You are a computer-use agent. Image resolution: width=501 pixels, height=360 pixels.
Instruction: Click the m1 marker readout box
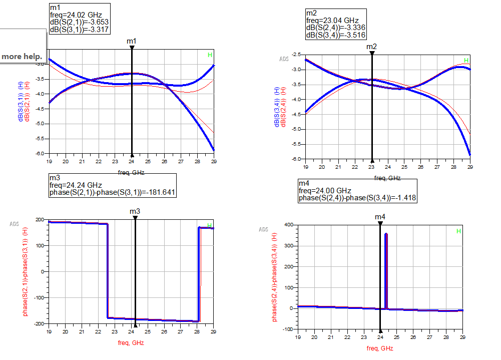pos(79,19)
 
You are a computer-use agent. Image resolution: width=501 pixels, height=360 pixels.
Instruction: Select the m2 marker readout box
pos(335,24)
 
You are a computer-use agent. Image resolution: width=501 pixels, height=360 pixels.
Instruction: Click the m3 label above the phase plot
pos(135,212)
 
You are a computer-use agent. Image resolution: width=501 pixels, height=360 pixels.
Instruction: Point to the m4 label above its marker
pos(380,217)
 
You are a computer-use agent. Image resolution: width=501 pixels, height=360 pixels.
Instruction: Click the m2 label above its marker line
pos(371,47)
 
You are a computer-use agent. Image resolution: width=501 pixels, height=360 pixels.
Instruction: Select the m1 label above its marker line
pos(132,41)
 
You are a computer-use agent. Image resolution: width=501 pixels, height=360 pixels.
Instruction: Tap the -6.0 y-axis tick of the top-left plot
pos(41,153)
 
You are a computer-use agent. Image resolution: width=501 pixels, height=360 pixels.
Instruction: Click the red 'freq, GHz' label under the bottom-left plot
pos(131,343)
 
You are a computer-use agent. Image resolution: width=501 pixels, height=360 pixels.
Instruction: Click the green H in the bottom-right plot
pos(458,231)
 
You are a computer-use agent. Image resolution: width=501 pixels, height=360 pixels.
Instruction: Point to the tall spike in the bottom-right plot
pos(386,260)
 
